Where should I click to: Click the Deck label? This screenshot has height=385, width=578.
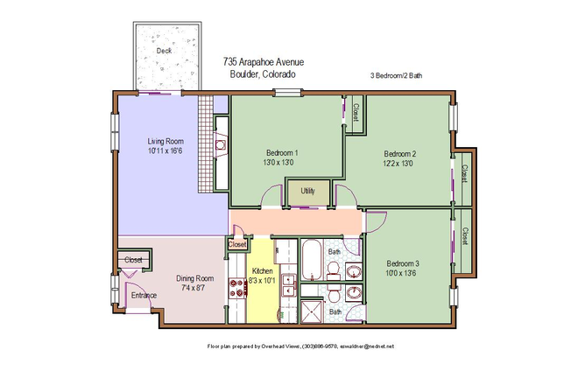point(164,51)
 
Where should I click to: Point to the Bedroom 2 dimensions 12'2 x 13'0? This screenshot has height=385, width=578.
point(398,164)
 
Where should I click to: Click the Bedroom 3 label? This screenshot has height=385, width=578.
point(405,263)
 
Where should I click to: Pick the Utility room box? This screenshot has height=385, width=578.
point(307,191)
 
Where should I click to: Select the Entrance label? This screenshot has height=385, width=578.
point(144,295)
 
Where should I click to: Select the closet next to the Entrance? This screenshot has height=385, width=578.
point(133,260)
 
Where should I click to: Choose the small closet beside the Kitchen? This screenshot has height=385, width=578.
point(237,245)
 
